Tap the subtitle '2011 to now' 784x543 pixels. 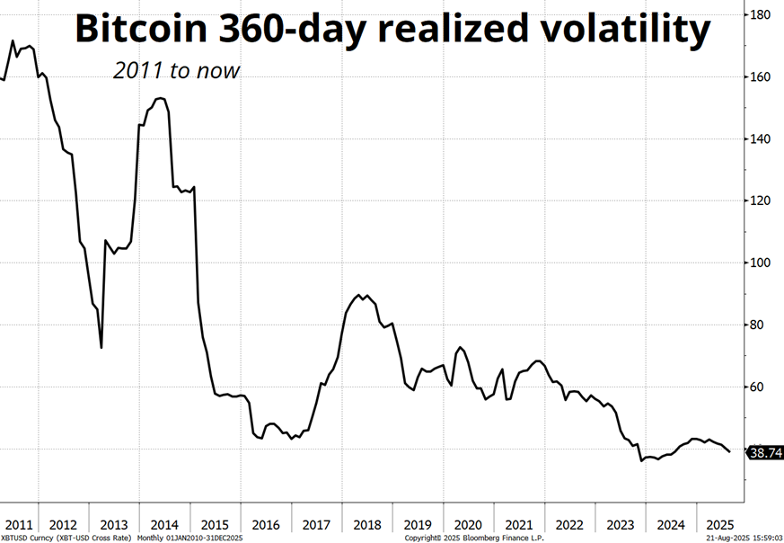[177, 70]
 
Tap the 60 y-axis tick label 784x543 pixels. [759, 387]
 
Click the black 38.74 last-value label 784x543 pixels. [766, 453]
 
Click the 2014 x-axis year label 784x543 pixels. [164, 524]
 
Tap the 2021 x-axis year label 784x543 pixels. [518, 524]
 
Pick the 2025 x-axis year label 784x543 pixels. [720, 524]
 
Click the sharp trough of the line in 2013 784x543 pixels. [101, 347]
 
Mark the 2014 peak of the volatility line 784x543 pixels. [159, 98]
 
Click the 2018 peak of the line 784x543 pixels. [360, 294]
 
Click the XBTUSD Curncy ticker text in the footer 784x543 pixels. [27, 538]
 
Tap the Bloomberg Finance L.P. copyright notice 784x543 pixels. [476, 538]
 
